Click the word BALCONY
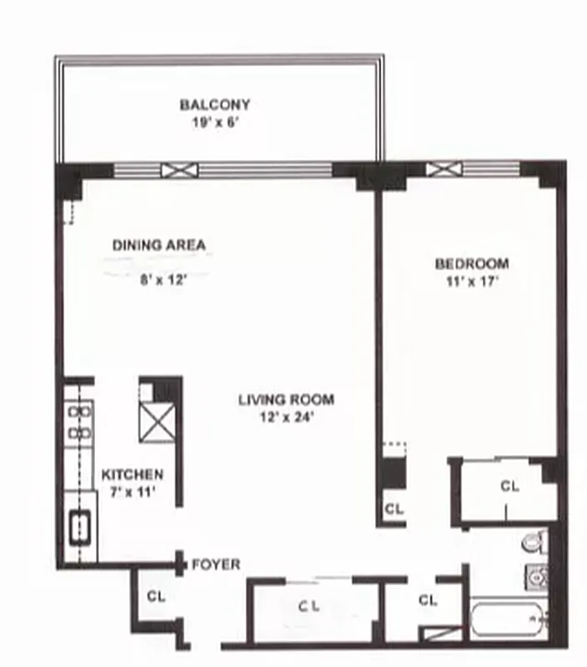coord(215,105)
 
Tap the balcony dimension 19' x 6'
coord(215,122)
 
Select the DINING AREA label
coord(158,245)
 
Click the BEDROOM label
coord(472,264)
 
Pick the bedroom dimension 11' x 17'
coord(472,281)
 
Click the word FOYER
coord(216,564)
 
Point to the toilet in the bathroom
coord(534,543)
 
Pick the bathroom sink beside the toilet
coord(534,575)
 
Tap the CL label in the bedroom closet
coord(509,486)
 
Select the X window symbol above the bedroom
coord(438,169)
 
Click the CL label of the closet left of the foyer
coord(156,596)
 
